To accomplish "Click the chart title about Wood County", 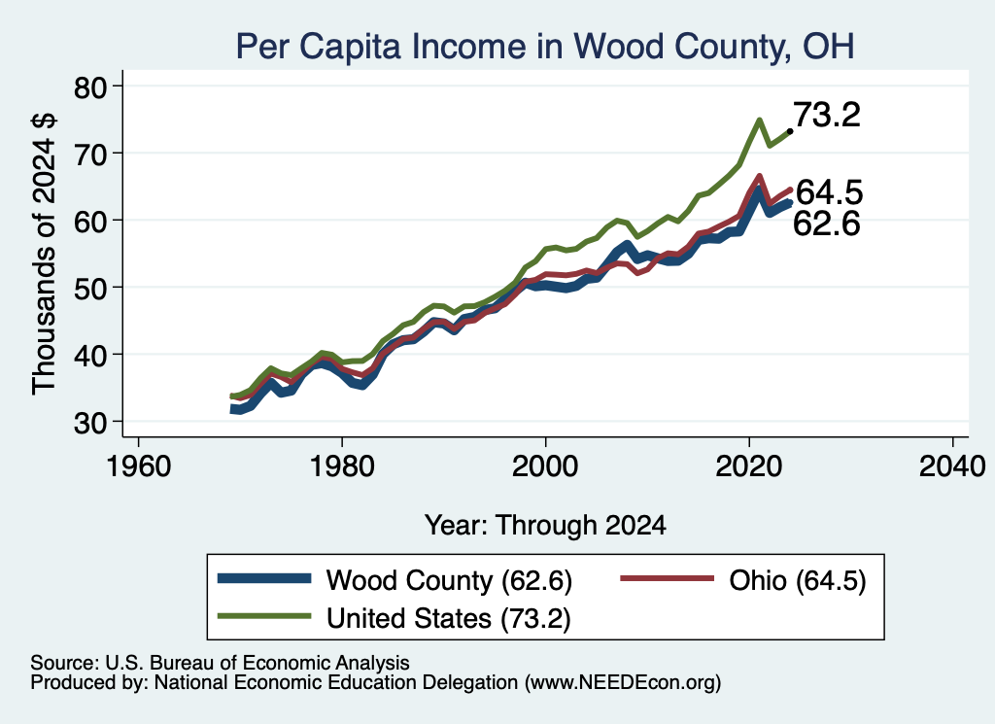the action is click(x=545, y=47).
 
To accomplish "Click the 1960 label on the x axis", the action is click(x=139, y=466).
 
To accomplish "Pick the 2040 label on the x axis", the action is click(x=952, y=466).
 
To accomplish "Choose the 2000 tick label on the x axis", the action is click(x=545, y=466).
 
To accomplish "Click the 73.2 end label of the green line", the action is click(x=827, y=115).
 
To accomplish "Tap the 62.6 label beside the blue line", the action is click(x=827, y=224).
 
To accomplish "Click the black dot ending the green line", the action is click(x=789, y=131).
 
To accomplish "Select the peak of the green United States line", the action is click(x=759, y=120).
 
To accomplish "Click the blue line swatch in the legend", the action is click(x=264, y=578).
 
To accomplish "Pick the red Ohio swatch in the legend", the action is click(x=667, y=578).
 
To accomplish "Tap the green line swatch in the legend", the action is click(x=264, y=616).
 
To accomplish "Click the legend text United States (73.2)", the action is click(x=449, y=618).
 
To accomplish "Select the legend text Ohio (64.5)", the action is click(x=798, y=580).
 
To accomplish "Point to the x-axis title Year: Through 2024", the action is click(x=545, y=526).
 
